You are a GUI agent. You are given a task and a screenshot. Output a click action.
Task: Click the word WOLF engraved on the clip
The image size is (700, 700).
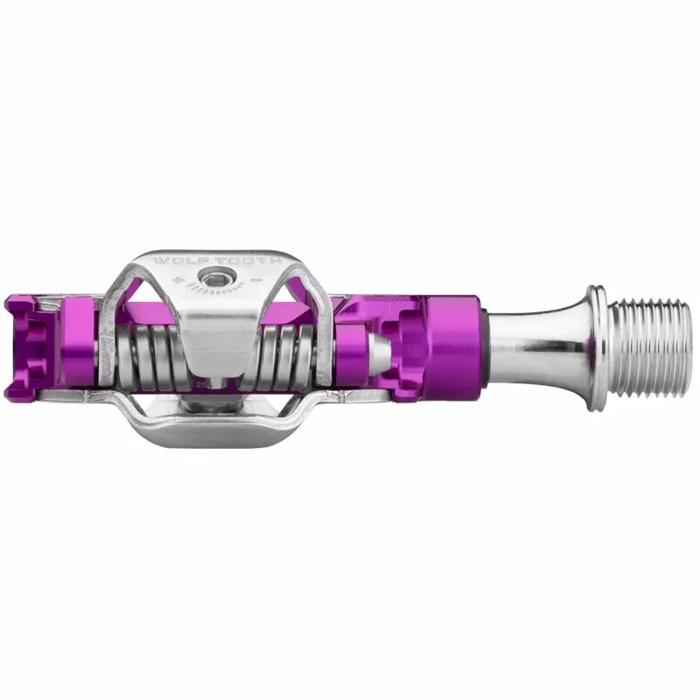click(175, 261)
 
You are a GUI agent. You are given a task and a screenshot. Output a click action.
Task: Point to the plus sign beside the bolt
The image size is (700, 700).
click(179, 282)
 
